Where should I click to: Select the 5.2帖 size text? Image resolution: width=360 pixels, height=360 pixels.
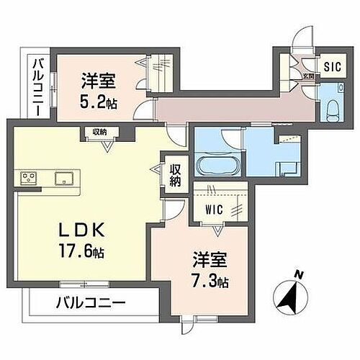(99, 103)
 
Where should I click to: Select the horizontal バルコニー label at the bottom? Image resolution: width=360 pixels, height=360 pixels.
(89, 303)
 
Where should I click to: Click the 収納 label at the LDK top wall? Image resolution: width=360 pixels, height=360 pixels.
(100, 132)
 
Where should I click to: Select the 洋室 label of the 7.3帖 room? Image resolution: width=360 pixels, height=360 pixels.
(207, 257)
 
